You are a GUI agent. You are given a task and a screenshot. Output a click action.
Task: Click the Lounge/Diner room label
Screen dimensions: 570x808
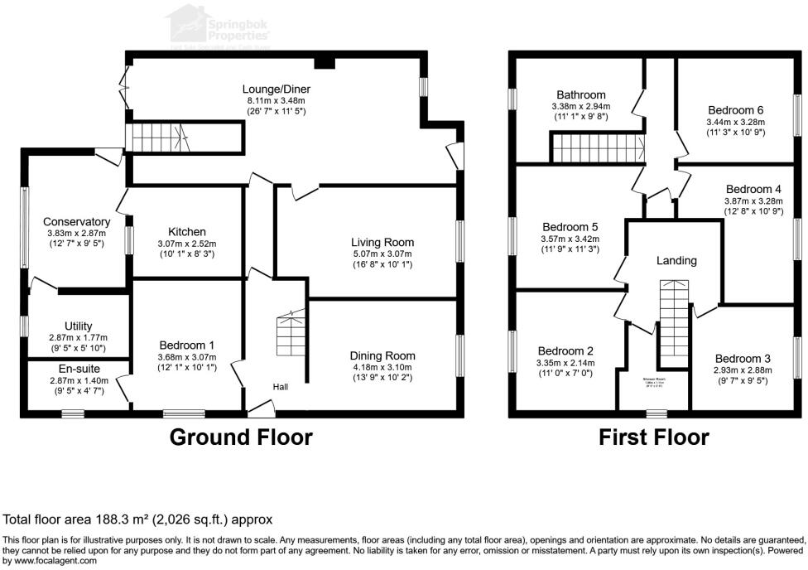[x=276, y=89]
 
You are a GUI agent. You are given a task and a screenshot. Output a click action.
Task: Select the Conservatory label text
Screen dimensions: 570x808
[x=76, y=222]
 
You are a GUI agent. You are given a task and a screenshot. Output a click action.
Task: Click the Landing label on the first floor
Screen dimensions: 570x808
[x=676, y=260]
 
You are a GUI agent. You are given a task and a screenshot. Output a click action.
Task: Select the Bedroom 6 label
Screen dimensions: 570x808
[x=735, y=109]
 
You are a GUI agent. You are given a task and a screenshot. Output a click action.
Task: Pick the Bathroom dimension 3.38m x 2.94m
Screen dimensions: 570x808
[x=580, y=107]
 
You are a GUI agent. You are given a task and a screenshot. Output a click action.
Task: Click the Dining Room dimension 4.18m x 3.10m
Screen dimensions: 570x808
[x=382, y=367]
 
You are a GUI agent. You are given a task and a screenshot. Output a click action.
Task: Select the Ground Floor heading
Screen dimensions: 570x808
[x=241, y=437]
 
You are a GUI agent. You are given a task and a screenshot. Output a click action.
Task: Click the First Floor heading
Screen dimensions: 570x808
[x=654, y=437]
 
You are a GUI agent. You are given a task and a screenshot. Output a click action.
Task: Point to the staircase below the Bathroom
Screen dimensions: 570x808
[x=599, y=149]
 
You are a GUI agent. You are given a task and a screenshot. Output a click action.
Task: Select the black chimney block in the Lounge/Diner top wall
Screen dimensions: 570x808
[x=325, y=62]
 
